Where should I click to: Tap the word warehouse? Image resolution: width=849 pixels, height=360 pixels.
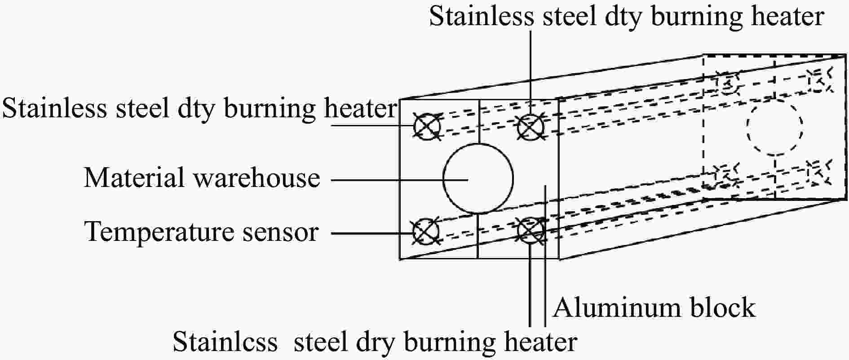coord(256,178)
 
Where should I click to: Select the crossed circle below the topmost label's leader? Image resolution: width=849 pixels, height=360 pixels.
coord(531,126)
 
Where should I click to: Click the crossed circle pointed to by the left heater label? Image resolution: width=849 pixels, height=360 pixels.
coord(427,125)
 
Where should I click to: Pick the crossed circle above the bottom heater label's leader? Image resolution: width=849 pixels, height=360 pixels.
coord(531,231)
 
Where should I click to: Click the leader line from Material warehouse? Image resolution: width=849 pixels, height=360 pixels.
coord(400,179)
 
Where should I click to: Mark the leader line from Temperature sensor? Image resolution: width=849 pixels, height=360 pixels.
coord(372,233)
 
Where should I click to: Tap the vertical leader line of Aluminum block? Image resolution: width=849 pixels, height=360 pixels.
coord(545,255)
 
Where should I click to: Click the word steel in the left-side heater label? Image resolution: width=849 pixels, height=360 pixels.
coord(143,109)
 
